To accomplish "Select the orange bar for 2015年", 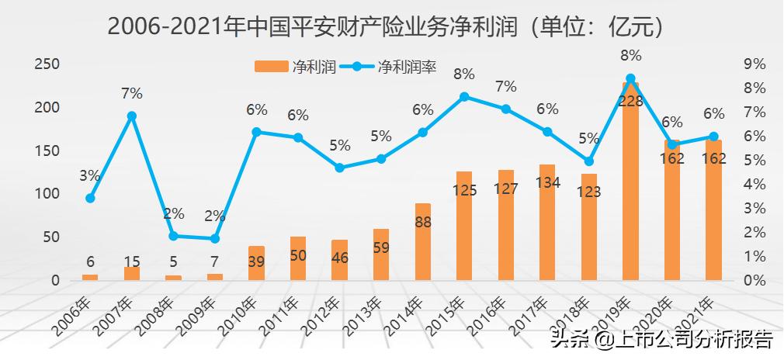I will pyautogui.click(x=464, y=226).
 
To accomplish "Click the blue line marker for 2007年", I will pyautogui.click(x=132, y=116).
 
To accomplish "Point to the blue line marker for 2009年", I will pyautogui.click(x=215, y=238).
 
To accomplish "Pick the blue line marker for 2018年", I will pyautogui.click(x=588, y=161).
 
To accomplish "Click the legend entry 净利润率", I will pyautogui.click(x=395, y=67).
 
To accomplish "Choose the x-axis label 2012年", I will pyautogui.click(x=324, y=316).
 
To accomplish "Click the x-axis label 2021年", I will pyautogui.click(x=699, y=316).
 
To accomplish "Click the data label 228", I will pyautogui.click(x=630, y=102).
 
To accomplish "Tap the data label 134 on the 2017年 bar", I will pyautogui.click(x=547, y=182).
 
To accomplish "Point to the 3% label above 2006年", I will pyautogui.click(x=90, y=176).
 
